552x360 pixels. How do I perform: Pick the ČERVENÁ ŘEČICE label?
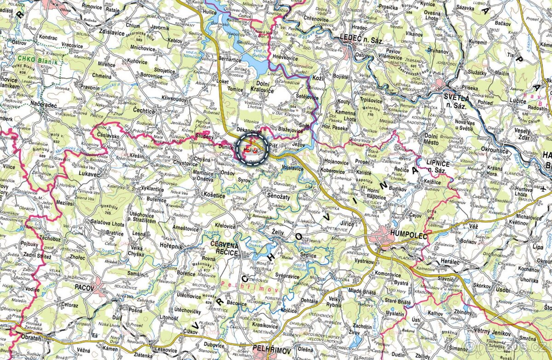pyautogui.click(x=224, y=248)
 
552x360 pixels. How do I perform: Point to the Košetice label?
pyautogui.click(x=211, y=195)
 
